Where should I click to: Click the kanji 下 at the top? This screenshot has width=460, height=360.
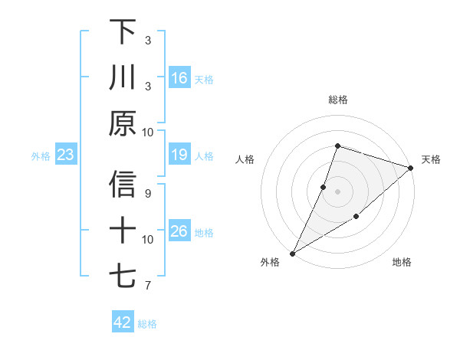[123, 32]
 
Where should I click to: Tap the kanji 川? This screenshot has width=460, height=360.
[123, 77]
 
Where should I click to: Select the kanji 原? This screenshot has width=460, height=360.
[123, 123]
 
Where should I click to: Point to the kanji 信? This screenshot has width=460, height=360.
[123, 185]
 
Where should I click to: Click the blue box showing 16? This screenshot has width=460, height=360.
[179, 78]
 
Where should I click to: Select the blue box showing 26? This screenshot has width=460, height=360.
[179, 232]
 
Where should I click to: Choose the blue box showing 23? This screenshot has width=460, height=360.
[65, 155]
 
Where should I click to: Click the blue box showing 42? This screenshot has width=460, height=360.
[123, 322]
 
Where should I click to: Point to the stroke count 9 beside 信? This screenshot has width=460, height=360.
[148, 193]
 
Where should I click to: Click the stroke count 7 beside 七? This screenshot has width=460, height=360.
[148, 286]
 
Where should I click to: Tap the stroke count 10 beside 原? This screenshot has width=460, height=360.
[148, 132]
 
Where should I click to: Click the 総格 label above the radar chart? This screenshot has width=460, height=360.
[337, 100]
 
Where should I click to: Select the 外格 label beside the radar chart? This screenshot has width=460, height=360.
[270, 263]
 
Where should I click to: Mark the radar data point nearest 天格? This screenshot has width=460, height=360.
[410, 168]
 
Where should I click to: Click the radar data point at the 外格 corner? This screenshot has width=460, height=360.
[292, 254]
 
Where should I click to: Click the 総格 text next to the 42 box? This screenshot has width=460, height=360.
[147, 324]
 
